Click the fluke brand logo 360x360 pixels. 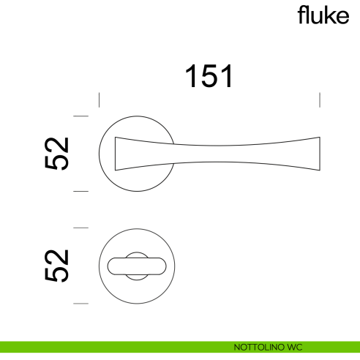click(x=323, y=16)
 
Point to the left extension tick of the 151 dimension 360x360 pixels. click(x=100, y=100)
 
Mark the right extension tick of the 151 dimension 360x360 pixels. click(x=320, y=100)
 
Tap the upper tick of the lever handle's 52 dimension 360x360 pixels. click(x=81, y=116)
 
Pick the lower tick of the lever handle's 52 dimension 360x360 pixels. click(x=81, y=192)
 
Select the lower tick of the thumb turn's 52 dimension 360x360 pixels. click(x=81, y=303)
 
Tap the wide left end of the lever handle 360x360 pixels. click(x=121, y=154)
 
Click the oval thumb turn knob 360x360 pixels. click(x=136, y=265)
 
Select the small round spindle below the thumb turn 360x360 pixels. click(x=136, y=277)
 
